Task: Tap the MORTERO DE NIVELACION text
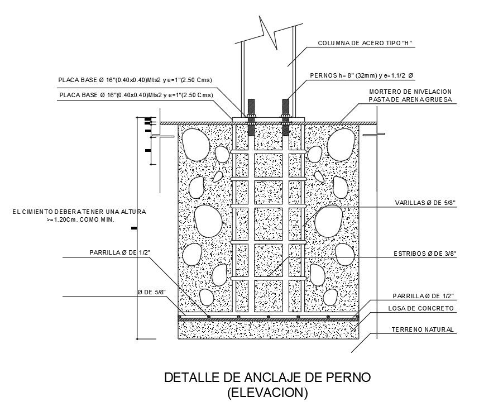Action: [410, 92]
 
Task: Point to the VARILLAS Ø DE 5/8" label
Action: [426, 203]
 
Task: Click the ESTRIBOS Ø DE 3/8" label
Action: [425, 254]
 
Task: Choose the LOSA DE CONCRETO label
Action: [421, 308]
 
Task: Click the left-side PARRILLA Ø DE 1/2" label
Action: [119, 252]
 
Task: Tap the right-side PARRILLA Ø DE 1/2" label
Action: [423, 295]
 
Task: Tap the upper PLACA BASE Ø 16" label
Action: [135, 80]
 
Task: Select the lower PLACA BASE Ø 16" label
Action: [135, 95]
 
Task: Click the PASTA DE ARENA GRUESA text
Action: [410, 100]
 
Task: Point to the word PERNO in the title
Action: [347, 378]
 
